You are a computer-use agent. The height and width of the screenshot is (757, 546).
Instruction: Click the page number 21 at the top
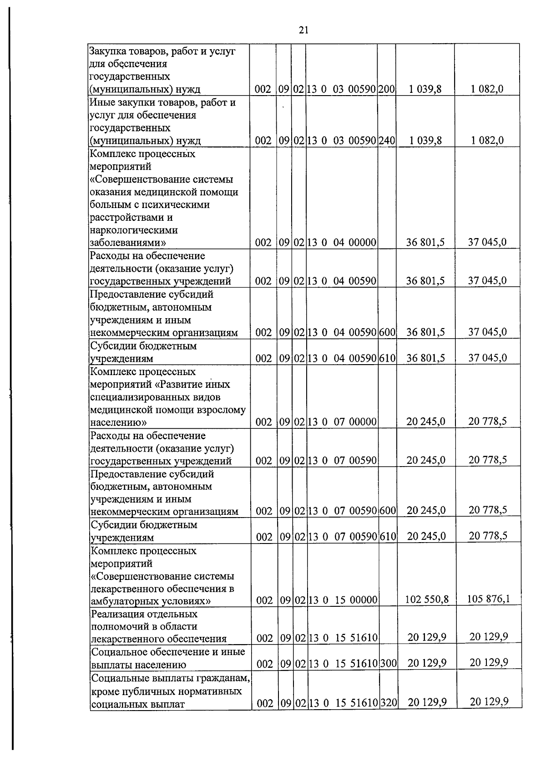click(303, 30)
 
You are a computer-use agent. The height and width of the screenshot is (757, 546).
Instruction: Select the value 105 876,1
click(488, 598)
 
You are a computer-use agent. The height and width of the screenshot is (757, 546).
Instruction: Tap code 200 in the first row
click(386, 89)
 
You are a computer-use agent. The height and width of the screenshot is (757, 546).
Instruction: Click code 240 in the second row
click(386, 141)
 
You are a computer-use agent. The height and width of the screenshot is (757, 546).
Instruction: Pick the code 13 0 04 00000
click(342, 243)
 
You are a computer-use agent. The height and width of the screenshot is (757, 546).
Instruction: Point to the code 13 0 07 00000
click(342, 422)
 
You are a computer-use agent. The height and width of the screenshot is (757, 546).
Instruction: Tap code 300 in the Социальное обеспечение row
click(389, 664)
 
